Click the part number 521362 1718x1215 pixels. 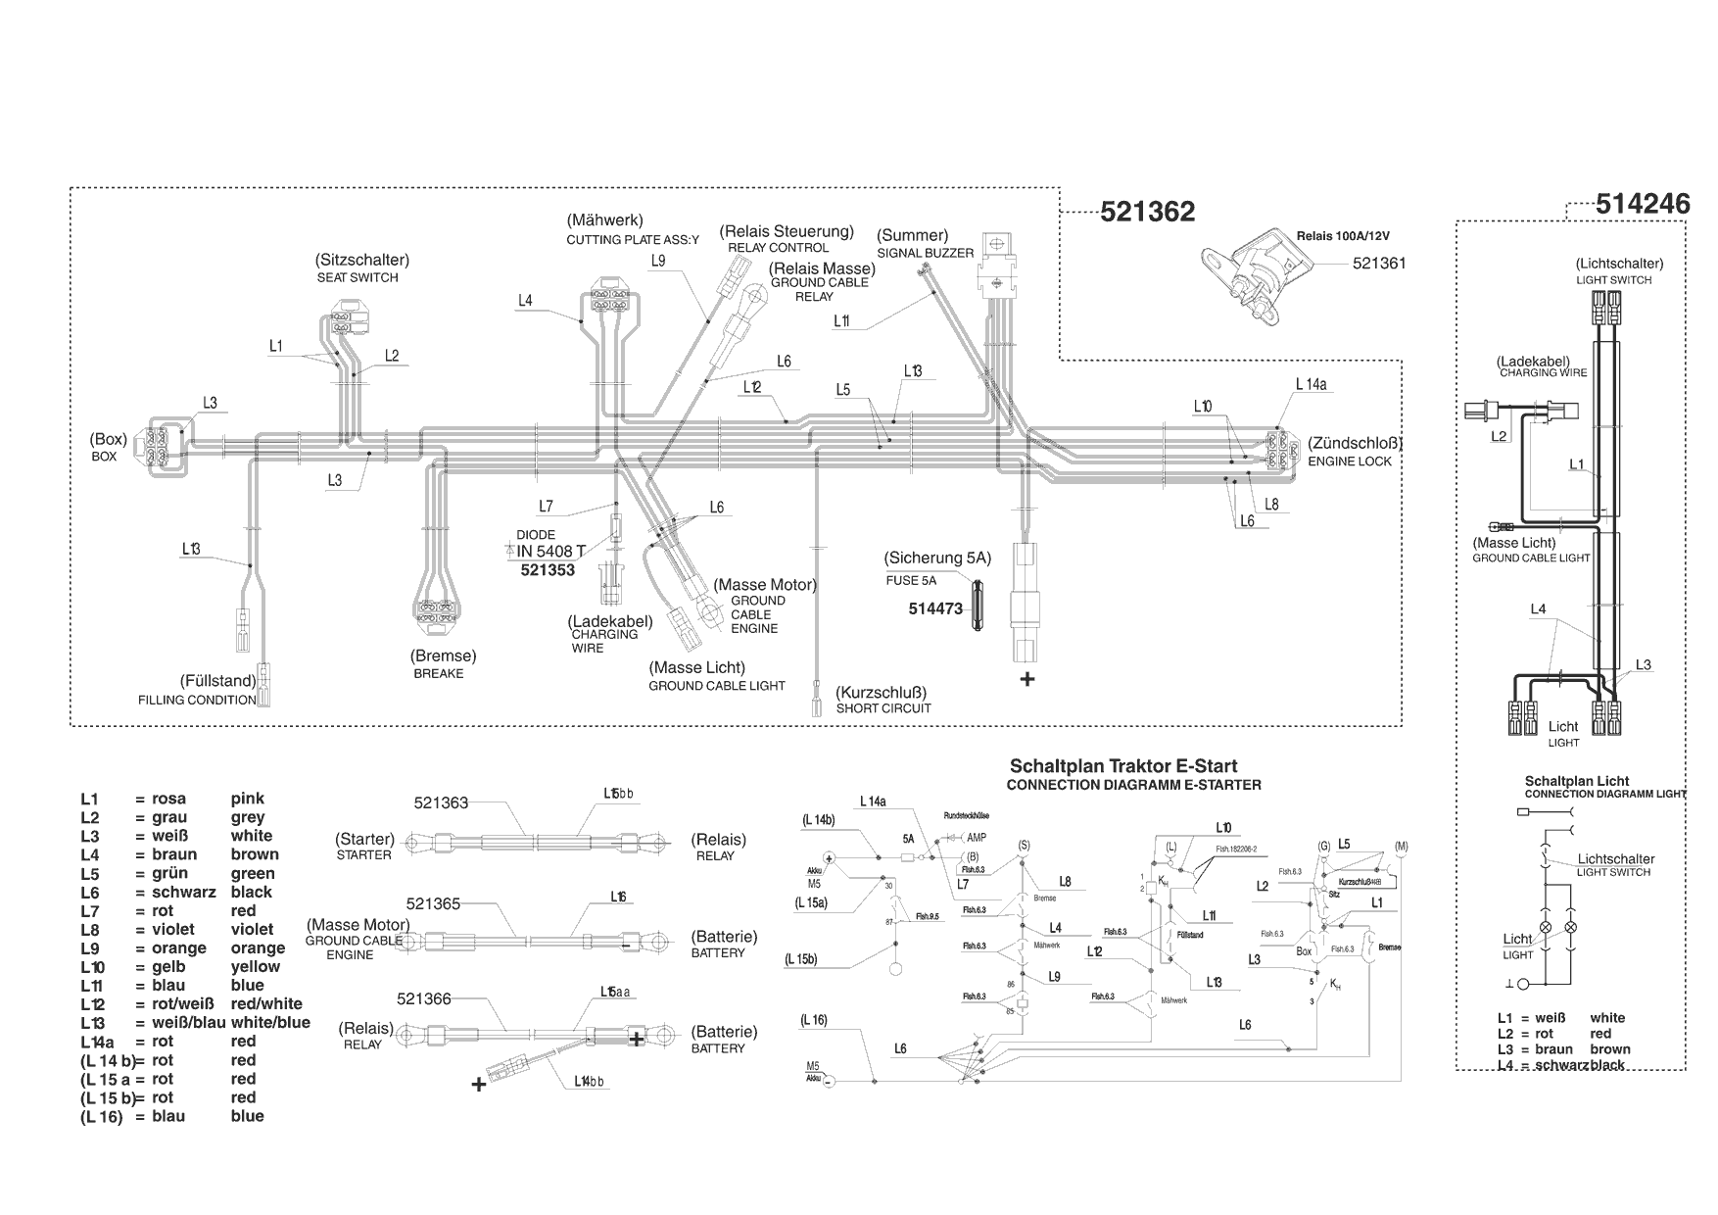point(1147,212)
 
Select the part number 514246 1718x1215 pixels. point(1643,204)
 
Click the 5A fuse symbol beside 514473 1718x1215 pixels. point(978,608)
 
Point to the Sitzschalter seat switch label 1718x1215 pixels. point(361,261)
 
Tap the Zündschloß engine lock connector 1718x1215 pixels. point(1275,450)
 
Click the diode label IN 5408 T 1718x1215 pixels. point(550,552)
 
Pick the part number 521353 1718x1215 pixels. point(548,570)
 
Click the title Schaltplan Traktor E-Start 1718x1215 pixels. point(1122,766)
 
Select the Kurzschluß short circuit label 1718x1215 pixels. point(881,693)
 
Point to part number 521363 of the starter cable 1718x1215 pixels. point(441,802)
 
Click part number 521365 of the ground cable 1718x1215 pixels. point(433,903)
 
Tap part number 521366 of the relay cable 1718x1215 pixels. point(424,998)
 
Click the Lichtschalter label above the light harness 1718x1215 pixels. point(1619,264)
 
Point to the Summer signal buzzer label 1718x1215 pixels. point(912,235)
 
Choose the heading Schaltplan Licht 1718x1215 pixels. point(1576,781)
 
